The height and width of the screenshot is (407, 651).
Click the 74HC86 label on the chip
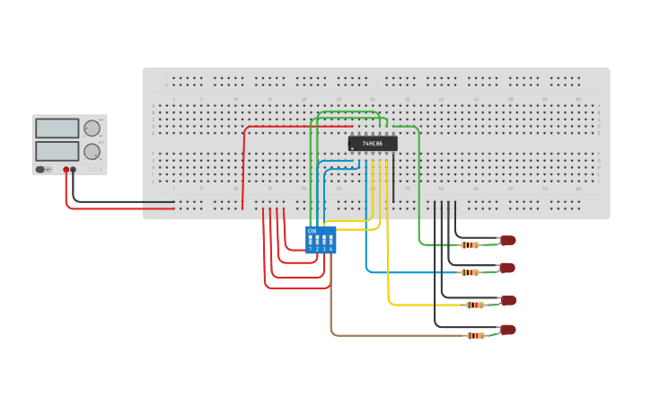point(373,144)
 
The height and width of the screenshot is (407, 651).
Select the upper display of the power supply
point(56,128)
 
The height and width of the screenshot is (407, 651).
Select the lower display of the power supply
point(56,151)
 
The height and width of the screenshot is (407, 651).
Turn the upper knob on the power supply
point(92,128)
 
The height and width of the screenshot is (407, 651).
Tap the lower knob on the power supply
point(92,151)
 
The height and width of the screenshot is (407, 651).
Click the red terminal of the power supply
point(66,169)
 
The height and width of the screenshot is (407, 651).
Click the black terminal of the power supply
point(74,169)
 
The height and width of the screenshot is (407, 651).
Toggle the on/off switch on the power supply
point(41,169)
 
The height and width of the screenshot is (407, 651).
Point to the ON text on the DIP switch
point(312,231)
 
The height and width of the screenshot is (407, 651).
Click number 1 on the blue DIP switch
point(311,249)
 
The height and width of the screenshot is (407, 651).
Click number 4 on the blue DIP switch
point(330,249)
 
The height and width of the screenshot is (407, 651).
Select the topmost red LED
point(508,240)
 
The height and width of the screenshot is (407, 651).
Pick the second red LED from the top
point(507,268)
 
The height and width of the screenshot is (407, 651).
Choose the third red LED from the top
point(508,300)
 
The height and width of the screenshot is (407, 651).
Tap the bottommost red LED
point(508,330)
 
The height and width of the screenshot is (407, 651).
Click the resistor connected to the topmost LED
point(470,244)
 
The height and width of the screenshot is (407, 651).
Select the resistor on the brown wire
point(475,336)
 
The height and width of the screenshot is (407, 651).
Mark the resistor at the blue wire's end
point(470,272)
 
